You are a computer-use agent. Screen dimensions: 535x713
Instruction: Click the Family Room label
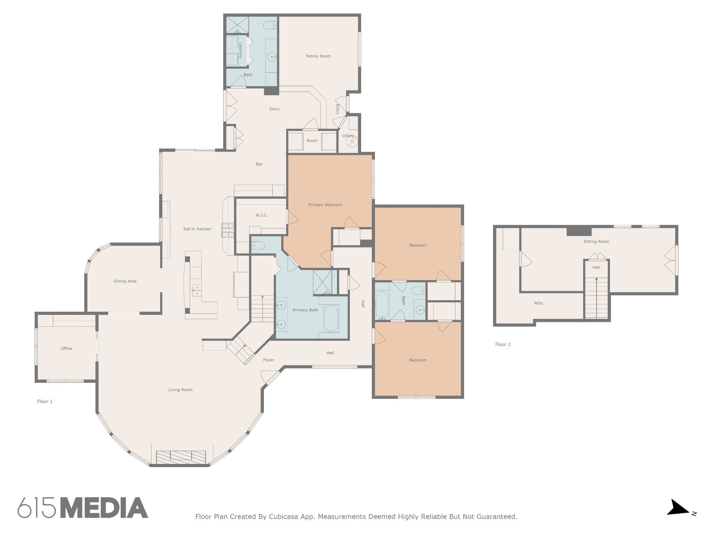(x=318, y=56)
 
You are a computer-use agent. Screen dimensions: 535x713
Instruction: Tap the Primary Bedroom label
(x=325, y=205)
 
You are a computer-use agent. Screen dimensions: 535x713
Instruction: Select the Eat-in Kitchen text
(x=197, y=229)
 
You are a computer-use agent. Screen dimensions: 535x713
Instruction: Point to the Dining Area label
(x=125, y=281)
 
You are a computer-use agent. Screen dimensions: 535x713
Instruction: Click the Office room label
(x=66, y=348)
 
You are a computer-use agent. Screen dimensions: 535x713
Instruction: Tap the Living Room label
(x=180, y=390)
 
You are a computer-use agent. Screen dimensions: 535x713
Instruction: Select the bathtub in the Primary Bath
(x=331, y=319)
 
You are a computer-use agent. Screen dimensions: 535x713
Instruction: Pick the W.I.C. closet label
(x=261, y=215)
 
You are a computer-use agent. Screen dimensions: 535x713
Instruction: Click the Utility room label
(x=348, y=136)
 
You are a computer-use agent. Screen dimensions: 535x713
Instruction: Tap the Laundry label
(x=240, y=50)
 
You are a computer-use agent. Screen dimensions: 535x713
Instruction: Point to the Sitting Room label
(x=596, y=241)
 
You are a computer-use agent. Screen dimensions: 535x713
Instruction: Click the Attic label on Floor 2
(x=539, y=303)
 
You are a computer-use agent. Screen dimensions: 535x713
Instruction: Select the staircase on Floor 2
(x=596, y=298)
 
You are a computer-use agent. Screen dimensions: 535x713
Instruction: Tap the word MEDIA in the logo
(x=104, y=507)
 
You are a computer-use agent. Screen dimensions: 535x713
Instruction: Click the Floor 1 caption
(x=45, y=401)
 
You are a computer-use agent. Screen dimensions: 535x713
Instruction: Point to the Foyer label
(x=268, y=360)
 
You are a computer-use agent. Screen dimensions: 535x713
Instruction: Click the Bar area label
(x=259, y=164)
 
